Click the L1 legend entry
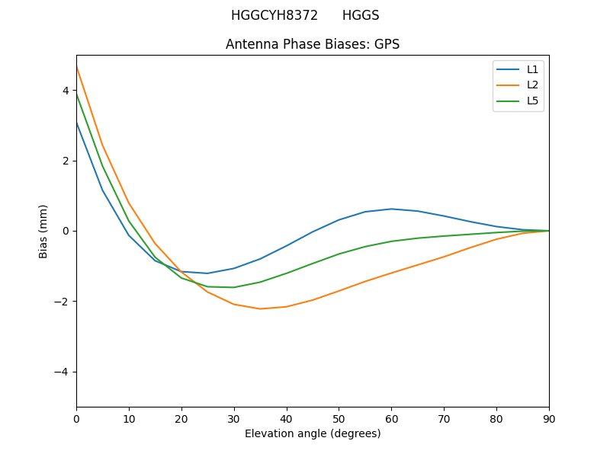pyautogui.click(x=532, y=69)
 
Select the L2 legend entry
pyautogui.click(x=532, y=85)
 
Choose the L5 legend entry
pyautogui.click(x=532, y=101)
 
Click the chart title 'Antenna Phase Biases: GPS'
pyautogui.click(x=313, y=44)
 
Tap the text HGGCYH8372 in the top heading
pyautogui.click(x=274, y=15)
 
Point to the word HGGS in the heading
pyautogui.click(x=361, y=15)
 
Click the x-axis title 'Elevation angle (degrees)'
pyautogui.click(x=313, y=433)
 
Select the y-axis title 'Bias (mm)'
pyautogui.click(x=43, y=231)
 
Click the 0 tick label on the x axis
pyautogui.click(x=76, y=418)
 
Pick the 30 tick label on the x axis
pyautogui.click(x=234, y=418)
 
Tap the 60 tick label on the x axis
pyautogui.click(x=391, y=418)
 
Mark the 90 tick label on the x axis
pyautogui.click(x=549, y=418)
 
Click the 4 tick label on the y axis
pyautogui.click(x=66, y=91)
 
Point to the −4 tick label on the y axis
pyautogui.click(x=63, y=372)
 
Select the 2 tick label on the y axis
pyautogui.click(x=66, y=161)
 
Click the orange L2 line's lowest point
pyautogui.click(x=260, y=308)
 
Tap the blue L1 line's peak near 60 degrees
pyautogui.click(x=391, y=209)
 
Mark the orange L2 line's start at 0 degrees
pyautogui.click(x=76, y=67)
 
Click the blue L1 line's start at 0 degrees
pyautogui.click(x=76, y=122)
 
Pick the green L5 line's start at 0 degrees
pyautogui.click(x=76, y=94)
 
